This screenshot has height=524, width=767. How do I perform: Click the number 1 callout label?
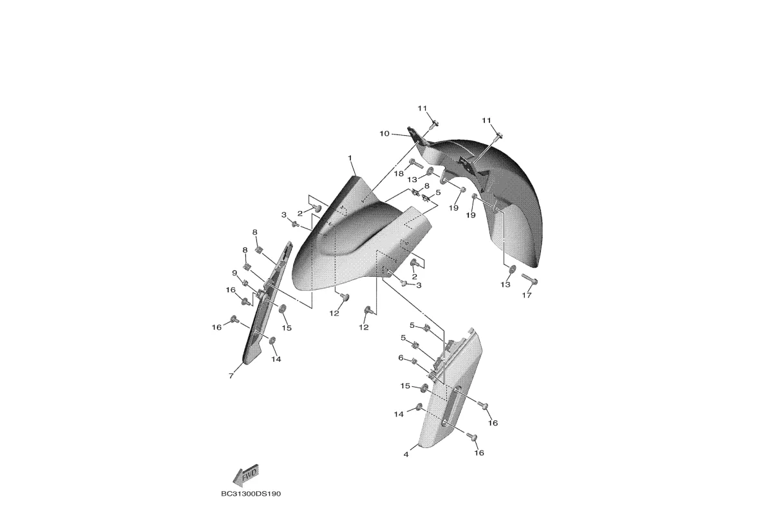click(350, 158)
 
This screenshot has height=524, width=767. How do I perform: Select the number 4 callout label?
click(406, 454)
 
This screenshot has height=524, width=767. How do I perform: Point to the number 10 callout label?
click(384, 133)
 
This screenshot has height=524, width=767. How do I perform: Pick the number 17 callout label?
click(526, 295)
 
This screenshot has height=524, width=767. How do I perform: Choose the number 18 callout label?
click(400, 174)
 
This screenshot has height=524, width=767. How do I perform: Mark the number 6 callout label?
click(401, 358)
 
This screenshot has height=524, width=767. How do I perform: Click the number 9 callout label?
click(235, 272)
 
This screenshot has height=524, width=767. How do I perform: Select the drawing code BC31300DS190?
click(251, 494)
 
